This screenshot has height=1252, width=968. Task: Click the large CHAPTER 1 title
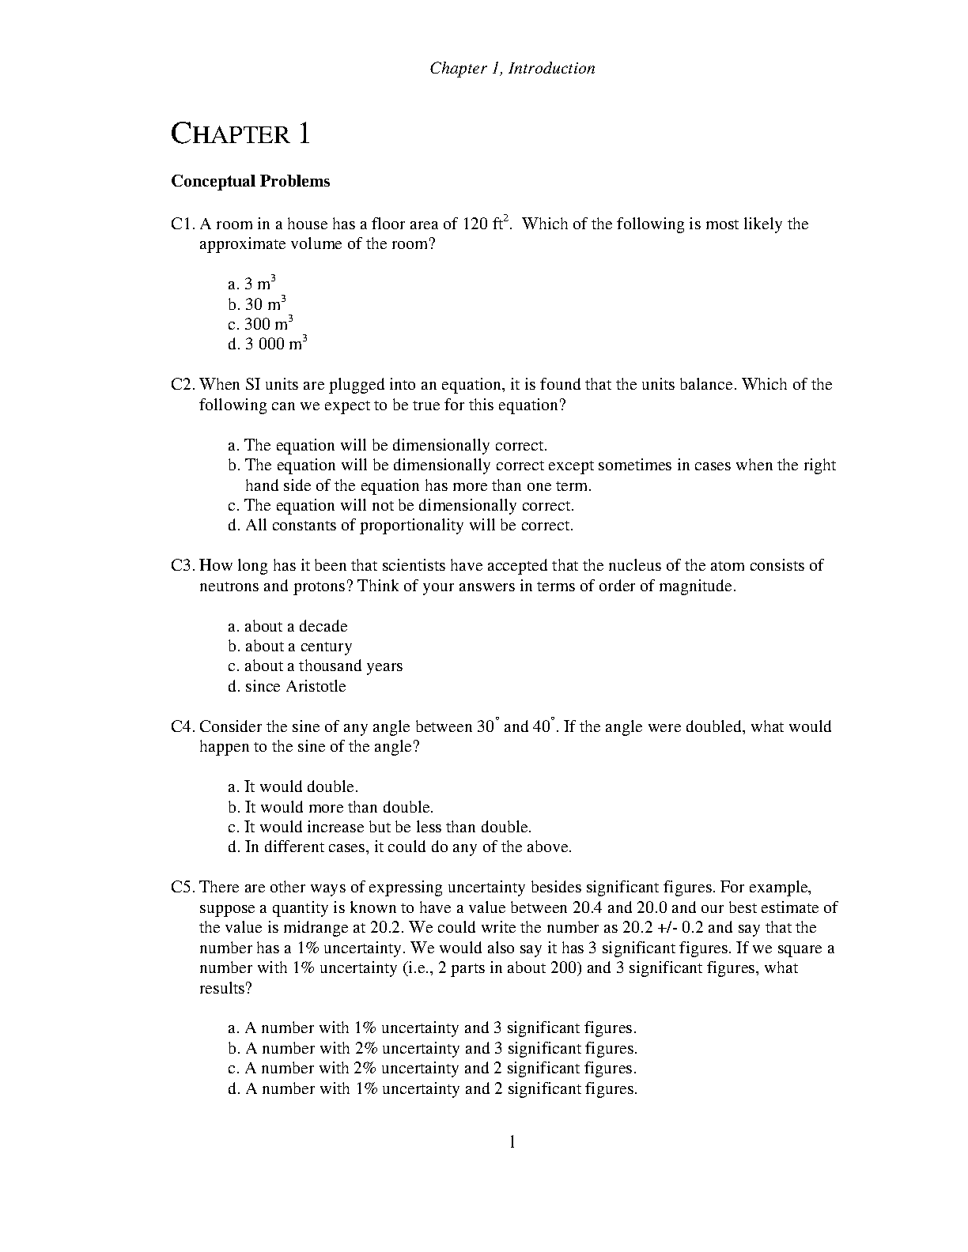pos(240,134)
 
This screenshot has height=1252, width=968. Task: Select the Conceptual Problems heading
pos(251,181)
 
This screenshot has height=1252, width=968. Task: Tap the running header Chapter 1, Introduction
pos(512,68)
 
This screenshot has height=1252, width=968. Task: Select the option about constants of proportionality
pos(400,526)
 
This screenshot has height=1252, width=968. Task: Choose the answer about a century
pos(289,647)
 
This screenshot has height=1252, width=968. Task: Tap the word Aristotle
pos(316,687)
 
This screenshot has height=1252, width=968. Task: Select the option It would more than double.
pos(331,807)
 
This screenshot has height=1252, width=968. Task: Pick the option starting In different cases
pos(399,847)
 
